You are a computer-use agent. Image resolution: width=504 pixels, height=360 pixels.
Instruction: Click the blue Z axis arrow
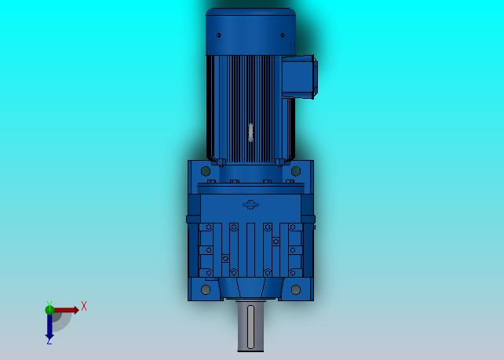point(49,326)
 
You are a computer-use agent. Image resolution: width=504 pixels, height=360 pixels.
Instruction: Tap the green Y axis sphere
point(49,310)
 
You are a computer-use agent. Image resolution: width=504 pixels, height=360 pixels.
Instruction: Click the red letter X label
point(84,306)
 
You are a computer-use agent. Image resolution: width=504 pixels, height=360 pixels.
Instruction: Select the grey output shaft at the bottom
point(250,326)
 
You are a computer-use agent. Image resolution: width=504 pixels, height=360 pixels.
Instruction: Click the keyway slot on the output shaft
point(250,327)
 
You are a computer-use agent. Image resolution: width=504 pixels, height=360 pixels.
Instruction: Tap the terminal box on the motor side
point(300,76)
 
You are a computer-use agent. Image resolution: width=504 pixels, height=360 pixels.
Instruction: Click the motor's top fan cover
point(250,31)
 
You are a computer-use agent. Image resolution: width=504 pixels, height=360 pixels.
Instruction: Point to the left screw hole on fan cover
point(218,35)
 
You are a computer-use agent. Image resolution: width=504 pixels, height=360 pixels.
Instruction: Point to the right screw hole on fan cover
point(283,35)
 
